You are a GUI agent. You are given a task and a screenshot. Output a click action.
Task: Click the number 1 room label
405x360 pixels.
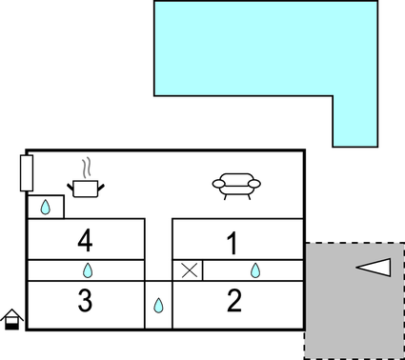(x=232, y=243)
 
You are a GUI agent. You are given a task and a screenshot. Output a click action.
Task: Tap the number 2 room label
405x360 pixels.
(x=234, y=301)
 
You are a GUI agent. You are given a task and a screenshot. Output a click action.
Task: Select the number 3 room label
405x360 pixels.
(x=85, y=301)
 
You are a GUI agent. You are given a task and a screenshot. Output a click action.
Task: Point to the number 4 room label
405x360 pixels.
(x=85, y=240)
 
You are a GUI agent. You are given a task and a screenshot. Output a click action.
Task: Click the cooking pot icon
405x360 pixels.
(x=86, y=188)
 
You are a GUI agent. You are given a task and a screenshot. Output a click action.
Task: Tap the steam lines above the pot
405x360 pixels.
(x=87, y=169)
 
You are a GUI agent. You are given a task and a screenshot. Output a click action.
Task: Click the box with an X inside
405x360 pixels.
(x=189, y=270)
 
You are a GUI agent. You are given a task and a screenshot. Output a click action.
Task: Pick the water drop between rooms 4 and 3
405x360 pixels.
(x=87, y=270)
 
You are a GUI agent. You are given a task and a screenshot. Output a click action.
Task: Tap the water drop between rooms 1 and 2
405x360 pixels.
(x=255, y=270)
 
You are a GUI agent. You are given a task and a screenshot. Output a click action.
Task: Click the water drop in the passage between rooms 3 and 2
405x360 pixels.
(x=158, y=307)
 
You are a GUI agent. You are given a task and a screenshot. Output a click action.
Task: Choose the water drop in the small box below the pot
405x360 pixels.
(x=45, y=207)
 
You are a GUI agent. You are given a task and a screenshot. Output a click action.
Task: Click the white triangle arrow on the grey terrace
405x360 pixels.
(x=374, y=268)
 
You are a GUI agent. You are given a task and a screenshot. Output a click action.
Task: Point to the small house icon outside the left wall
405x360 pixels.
(x=12, y=319)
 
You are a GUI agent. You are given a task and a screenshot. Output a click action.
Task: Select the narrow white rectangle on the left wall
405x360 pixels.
(x=27, y=172)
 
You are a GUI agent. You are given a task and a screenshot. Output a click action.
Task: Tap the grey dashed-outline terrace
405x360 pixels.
(x=353, y=314)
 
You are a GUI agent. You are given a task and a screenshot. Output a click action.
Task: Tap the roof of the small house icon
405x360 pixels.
(x=12, y=313)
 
